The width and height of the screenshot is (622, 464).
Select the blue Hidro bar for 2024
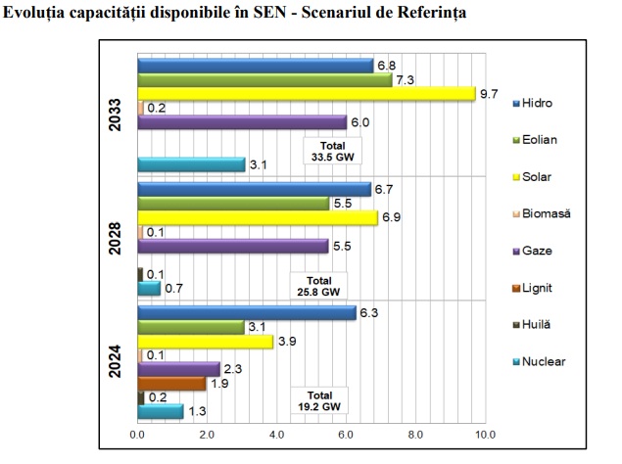pyautogui.click(x=246, y=313)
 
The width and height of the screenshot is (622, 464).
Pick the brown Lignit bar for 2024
pyautogui.click(x=170, y=383)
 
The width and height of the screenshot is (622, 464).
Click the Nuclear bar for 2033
pyautogui.click(x=191, y=164)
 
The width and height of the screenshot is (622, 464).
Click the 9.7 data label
pyautogui.click(x=490, y=94)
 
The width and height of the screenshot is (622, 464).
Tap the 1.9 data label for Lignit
pyautogui.click(x=220, y=384)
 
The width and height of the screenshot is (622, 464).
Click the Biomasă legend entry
pyautogui.click(x=548, y=213)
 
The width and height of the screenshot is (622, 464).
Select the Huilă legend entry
pyautogui.click(x=540, y=324)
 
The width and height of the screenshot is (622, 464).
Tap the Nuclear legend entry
pyautogui.click(x=544, y=361)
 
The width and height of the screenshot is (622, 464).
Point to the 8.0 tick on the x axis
pyautogui.click(x=414, y=435)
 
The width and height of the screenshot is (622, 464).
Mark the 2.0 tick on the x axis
pyautogui.click(x=207, y=435)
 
